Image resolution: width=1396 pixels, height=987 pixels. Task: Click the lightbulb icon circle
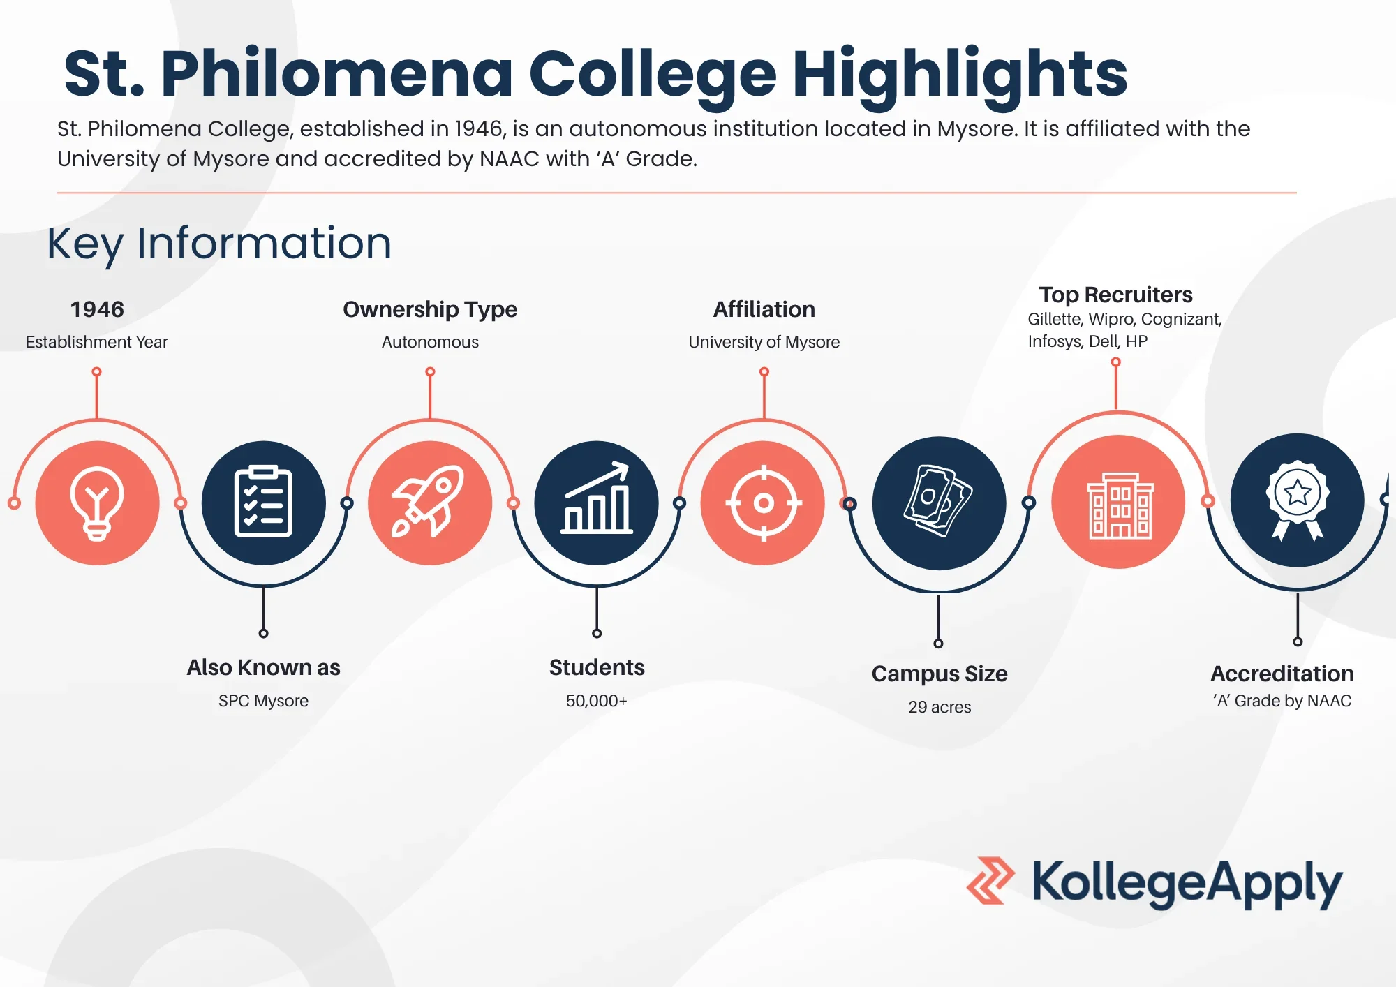97,503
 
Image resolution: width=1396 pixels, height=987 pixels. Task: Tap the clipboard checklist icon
263,501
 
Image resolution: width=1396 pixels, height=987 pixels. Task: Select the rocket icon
429,501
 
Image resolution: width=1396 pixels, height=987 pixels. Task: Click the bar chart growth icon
597,498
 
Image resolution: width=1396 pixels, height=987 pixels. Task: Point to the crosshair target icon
764,503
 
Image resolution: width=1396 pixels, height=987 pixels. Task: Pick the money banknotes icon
938,501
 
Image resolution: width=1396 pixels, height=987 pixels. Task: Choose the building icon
1120,506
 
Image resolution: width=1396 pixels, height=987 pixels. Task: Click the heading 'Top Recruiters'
1115,295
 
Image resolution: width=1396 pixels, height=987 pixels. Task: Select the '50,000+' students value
597,701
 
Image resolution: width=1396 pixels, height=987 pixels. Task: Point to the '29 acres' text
940,707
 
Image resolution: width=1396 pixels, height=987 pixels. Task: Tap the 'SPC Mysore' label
263,701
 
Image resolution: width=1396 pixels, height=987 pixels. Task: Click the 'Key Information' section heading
219,244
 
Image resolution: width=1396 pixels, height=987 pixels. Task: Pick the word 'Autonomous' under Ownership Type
430,342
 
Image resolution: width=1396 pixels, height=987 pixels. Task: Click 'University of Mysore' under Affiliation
764,342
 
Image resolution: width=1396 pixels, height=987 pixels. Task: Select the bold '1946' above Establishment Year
97,309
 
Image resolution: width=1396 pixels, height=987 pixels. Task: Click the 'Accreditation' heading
1282,674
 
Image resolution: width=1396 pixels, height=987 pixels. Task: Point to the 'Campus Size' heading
940,674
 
